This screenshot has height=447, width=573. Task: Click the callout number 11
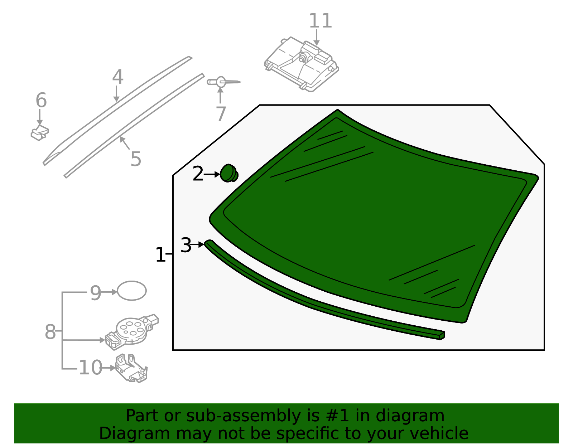[x=320, y=21]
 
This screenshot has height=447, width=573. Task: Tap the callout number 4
[x=117, y=77]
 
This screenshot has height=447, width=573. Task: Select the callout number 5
[x=136, y=159]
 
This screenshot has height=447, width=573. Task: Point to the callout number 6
[x=41, y=101]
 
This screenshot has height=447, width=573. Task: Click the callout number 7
[x=221, y=114]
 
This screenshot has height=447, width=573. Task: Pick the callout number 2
[x=198, y=174]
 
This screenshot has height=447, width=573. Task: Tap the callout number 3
[x=186, y=246]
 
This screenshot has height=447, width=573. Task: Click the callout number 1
[x=160, y=255]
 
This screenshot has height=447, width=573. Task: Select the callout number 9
[x=95, y=293]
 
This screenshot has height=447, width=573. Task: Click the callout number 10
[x=90, y=368]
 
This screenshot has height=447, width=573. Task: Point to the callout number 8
[x=50, y=332]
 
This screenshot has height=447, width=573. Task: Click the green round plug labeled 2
[x=228, y=173]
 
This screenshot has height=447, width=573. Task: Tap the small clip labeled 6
[x=39, y=133]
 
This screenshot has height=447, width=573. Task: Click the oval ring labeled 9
[x=132, y=291]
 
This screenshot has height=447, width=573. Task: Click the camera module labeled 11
[x=302, y=64]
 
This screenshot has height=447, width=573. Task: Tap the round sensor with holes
[x=131, y=330]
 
